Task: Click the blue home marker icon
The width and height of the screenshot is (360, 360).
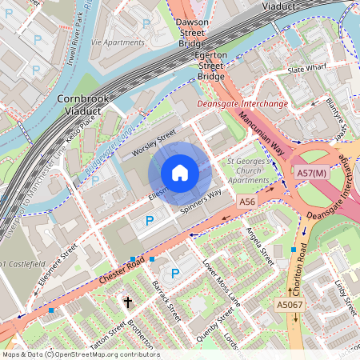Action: tap(180, 172)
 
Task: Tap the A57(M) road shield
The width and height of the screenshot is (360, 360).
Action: tap(312, 173)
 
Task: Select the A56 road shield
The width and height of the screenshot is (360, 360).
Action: tap(247, 204)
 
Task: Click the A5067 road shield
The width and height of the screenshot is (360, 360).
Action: tap(289, 305)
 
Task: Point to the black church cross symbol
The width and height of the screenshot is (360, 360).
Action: tap(127, 302)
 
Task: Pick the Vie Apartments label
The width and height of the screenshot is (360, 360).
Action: tap(117, 41)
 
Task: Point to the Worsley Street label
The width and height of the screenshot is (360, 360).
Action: tap(154, 144)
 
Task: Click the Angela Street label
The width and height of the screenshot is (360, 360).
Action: tap(261, 246)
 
